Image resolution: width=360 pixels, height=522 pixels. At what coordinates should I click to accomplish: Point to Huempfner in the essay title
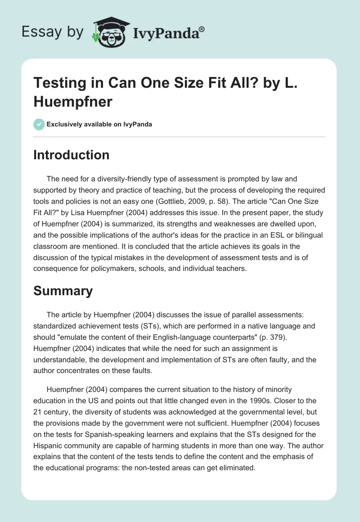click(x=72, y=101)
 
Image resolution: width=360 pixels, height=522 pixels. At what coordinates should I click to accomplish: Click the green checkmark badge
click(x=39, y=124)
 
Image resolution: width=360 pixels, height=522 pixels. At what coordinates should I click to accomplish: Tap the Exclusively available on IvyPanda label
click(x=99, y=125)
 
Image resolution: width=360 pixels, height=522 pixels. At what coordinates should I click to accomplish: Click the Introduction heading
click(x=72, y=155)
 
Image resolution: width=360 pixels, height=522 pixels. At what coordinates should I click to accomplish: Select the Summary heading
click(x=63, y=291)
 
